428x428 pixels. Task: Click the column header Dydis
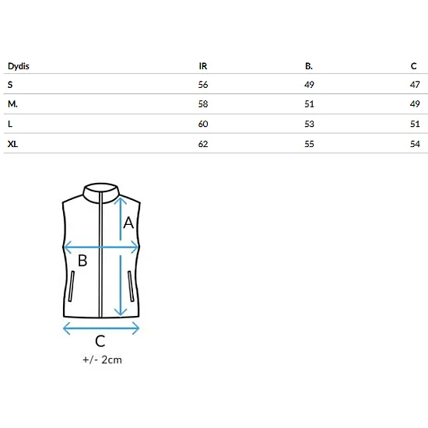[19, 66]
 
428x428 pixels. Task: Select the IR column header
[203, 66]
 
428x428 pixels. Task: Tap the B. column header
[309, 66]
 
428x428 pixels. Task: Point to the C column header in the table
[413, 66]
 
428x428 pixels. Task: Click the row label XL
[12, 144]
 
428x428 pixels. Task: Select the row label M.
[12, 104]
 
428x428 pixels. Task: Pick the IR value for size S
[203, 85]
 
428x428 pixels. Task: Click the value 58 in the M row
[203, 104]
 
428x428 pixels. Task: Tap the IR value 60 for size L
[203, 124]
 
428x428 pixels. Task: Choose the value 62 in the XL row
[203, 144]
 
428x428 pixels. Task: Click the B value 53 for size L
[309, 124]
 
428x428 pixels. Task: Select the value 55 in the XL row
[309, 144]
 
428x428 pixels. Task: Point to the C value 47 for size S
[415, 85]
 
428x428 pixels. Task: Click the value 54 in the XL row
[415, 144]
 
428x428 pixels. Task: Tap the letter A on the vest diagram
[128, 223]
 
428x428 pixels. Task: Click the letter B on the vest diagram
[82, 260]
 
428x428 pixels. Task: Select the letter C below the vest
[100, 341]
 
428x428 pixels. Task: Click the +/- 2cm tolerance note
[102, 360]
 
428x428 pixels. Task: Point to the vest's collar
[101, 193]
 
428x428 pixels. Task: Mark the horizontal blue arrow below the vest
[101, 328]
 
